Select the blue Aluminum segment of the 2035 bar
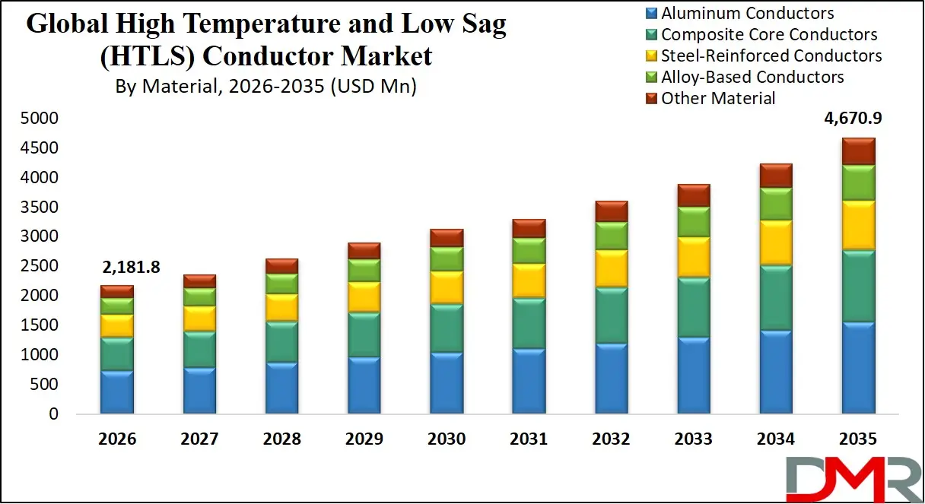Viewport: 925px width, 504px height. (858, 367)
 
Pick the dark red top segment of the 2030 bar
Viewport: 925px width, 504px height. (447, 237)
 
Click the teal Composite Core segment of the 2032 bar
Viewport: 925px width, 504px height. (611, 315)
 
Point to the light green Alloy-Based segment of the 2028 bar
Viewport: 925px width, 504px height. (281, 283)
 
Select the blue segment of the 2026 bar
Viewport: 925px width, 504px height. (117, 391)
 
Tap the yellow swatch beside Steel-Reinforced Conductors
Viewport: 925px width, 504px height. (651, 56)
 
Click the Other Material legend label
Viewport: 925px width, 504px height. (718, 99)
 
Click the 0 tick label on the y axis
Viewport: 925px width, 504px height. (52, 414)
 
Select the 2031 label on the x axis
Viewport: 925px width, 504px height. (529, 439)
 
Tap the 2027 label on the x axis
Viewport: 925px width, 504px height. (199, 439)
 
